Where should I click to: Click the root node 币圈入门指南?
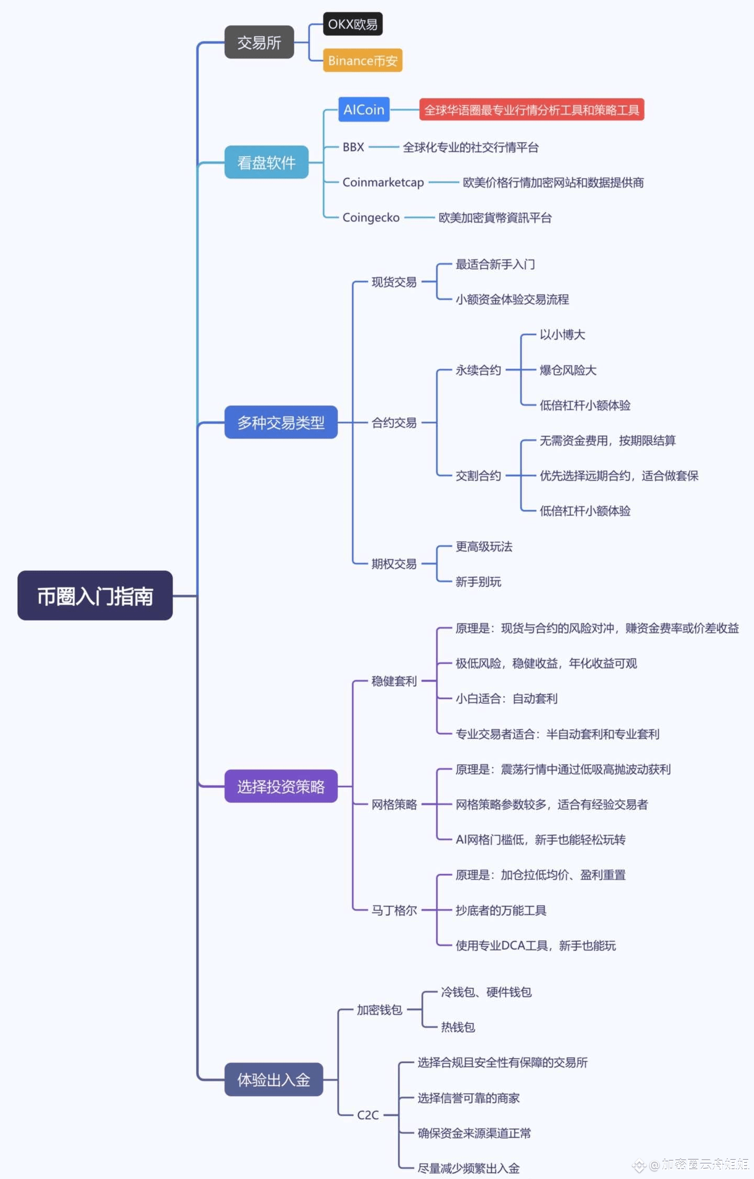pyautogui.click(x=95, y=596)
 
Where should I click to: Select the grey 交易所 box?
pyautogui.click(x=259, y=42)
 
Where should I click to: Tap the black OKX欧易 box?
pyautogui.click(x=352, y=24)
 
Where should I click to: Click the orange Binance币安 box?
pyautogui.click(x=362, y=60)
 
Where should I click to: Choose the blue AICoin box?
pyautogui.click(x=364, y=109)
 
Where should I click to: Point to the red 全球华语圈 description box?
pyautogui.click(x=531, y=109)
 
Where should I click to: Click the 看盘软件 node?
pyautogui.click(x=267, y=162)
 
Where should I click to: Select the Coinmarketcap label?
pyautogui.click(x=383, y=182)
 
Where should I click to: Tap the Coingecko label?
pyautogui.click(x=371, y=217)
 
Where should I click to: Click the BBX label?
pyautogui.click(x=353, y=147)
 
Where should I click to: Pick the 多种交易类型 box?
pyautogui.click(x=281, y=422)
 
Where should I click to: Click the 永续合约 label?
pyautogui.click(x=478, y=370)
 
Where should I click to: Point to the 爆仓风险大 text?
pyautogui.click(x=568, y=370)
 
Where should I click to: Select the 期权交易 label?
pyautogui.click(x=394, y=564)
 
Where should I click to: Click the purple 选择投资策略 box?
pyautogui.click(x=281, y=786)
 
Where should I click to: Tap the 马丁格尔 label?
pyautogui.click(x=394, y=910)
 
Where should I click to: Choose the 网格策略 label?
pyautogui.click(x=394, y=805)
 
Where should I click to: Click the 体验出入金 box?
pyautogui.click(x=274, y=1079)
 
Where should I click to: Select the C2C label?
pyautogui.click(x=368, y=1115)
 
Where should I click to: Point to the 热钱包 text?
pyautogui.click(x=458, y=1027)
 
